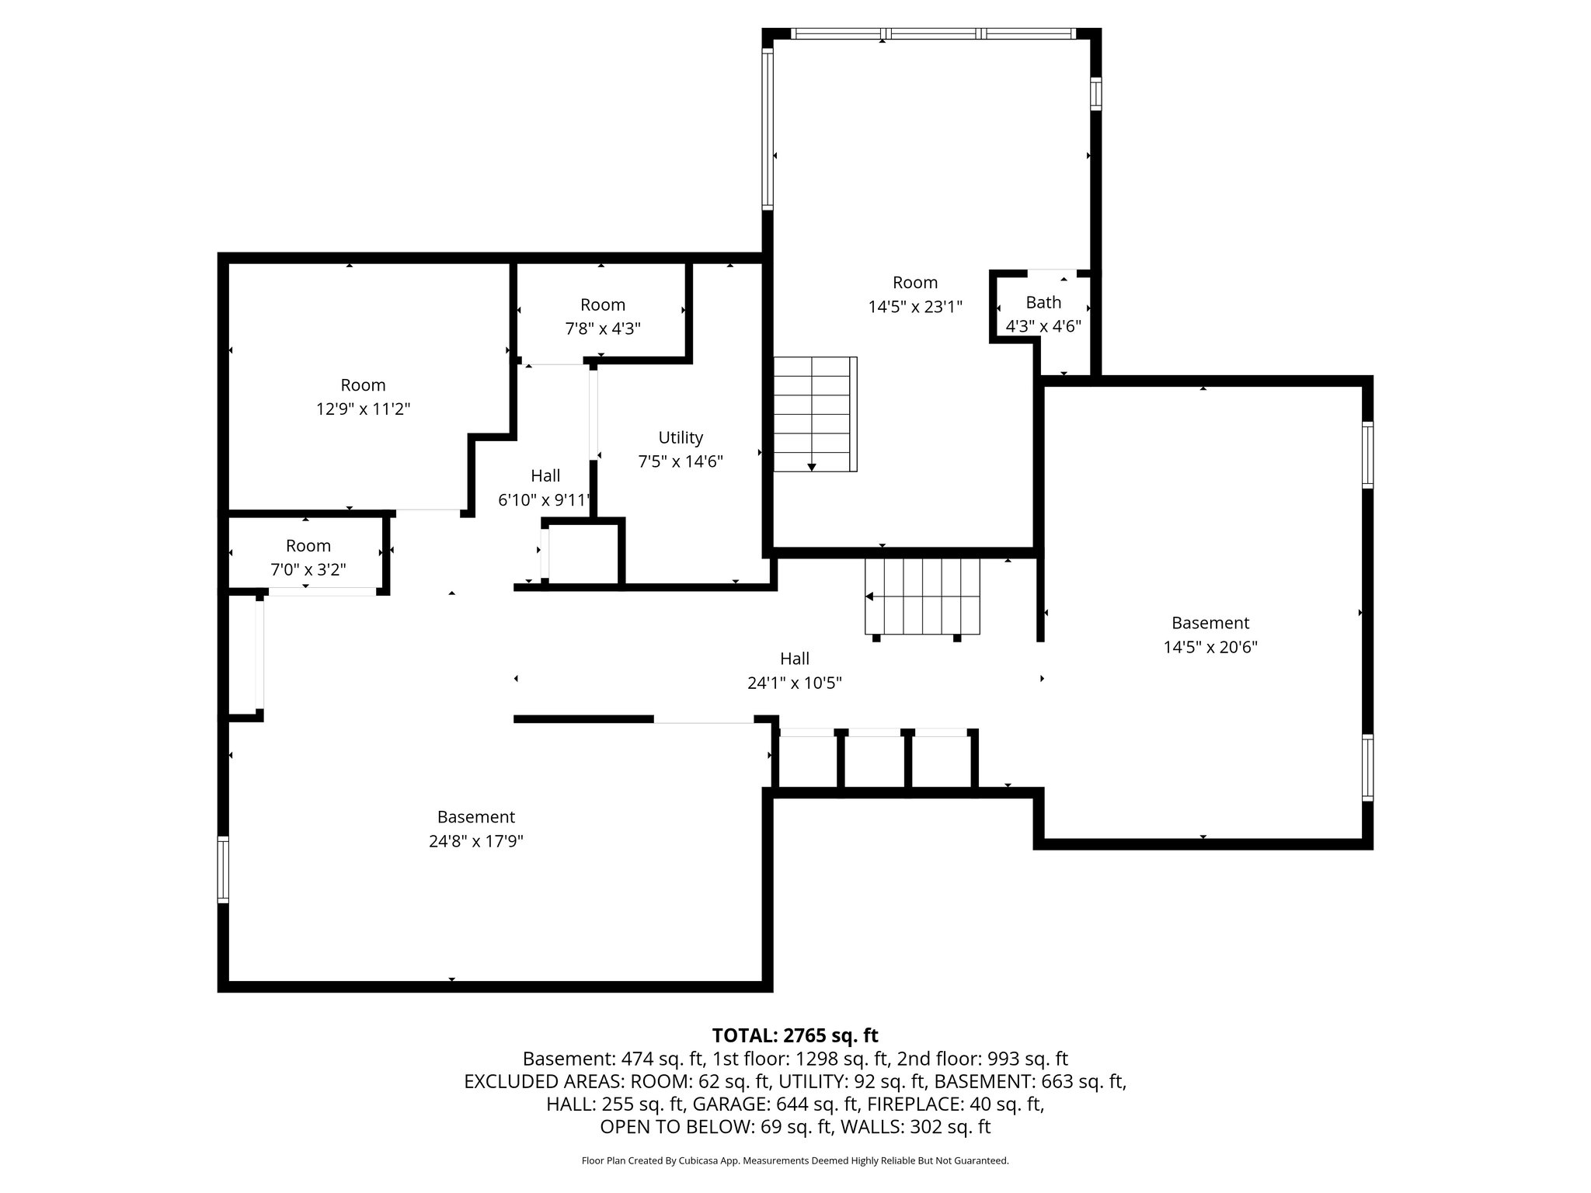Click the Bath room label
pos(1043,302)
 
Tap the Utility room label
pos(681,437)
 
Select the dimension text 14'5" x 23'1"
pos(915,307)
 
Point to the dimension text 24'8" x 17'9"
pos(475,841)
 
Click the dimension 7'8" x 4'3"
pos(602,329)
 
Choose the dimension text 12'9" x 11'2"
pos(363,409)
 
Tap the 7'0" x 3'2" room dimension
pos(308,569)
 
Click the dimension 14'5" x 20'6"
pos(1210,647)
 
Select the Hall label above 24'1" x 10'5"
pos(795,659)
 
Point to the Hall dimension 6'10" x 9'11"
pos(545,499)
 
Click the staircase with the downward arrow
pos(814,415)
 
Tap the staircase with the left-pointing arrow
pos(923,596)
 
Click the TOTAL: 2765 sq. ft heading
pos(795,1035)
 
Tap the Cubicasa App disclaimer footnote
pos(795,1161)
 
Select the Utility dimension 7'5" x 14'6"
pos(681,461)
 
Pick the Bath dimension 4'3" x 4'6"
pos(1043,326)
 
